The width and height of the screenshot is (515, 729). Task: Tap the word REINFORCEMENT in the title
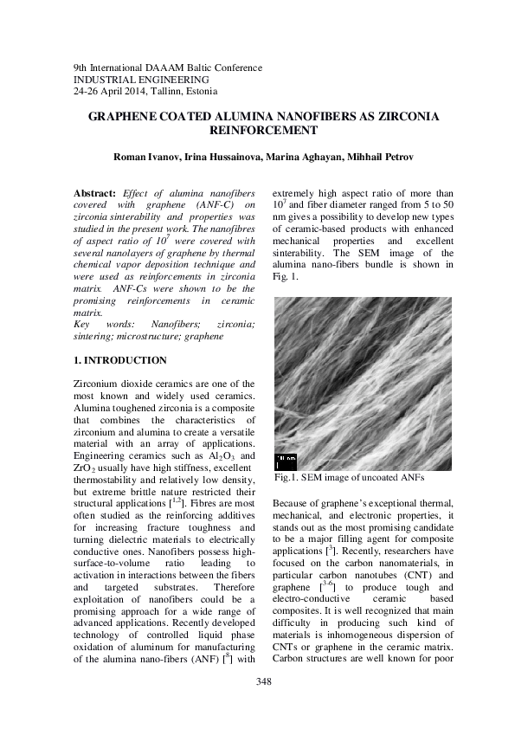tap(257, 130)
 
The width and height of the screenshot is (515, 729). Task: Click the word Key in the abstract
tap(85, 323)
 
